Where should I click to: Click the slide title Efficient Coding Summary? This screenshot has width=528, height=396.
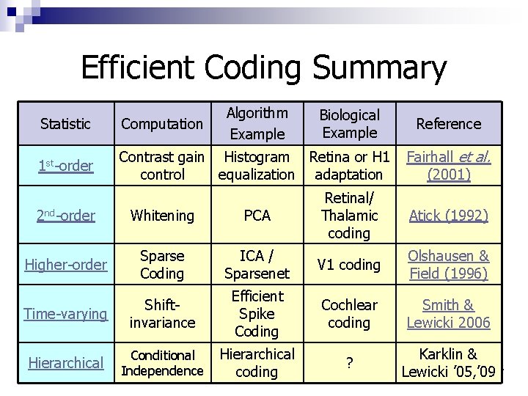(x=263, y=68)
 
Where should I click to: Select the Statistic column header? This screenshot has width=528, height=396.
(x=65, y=124)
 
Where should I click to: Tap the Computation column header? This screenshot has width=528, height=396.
(x=161, y=124)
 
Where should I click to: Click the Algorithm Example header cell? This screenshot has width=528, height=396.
(x=256, y=123)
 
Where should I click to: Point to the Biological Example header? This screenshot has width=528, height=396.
(x=350, y=123)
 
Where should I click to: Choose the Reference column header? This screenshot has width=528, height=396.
(x=448, y=124)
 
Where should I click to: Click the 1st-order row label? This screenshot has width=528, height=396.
(x=65, y=166)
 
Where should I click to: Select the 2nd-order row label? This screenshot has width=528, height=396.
(x=65, y=216)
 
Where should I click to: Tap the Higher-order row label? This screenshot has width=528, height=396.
(x=65, y=265)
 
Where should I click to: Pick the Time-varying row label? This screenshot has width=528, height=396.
(x=65, y=314)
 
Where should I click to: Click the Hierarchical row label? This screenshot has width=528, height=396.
(x=65, y=362)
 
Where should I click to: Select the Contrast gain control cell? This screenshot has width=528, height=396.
(x=161, y=166)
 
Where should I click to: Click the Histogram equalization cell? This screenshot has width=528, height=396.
(x=256, y=166)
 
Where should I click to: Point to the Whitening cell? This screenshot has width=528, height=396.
(x=161, y=216)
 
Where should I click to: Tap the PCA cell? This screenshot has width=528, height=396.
(x=257, y=216)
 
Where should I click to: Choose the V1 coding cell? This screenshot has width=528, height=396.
(x=349, y=265)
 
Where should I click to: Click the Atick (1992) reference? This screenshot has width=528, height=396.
(x=448, y=216)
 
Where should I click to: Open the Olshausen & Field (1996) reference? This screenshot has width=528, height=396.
(x=448, y=265)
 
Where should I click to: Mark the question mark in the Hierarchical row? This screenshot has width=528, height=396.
(x=349, y=363)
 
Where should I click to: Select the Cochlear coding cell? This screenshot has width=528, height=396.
(x=349, y=314)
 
